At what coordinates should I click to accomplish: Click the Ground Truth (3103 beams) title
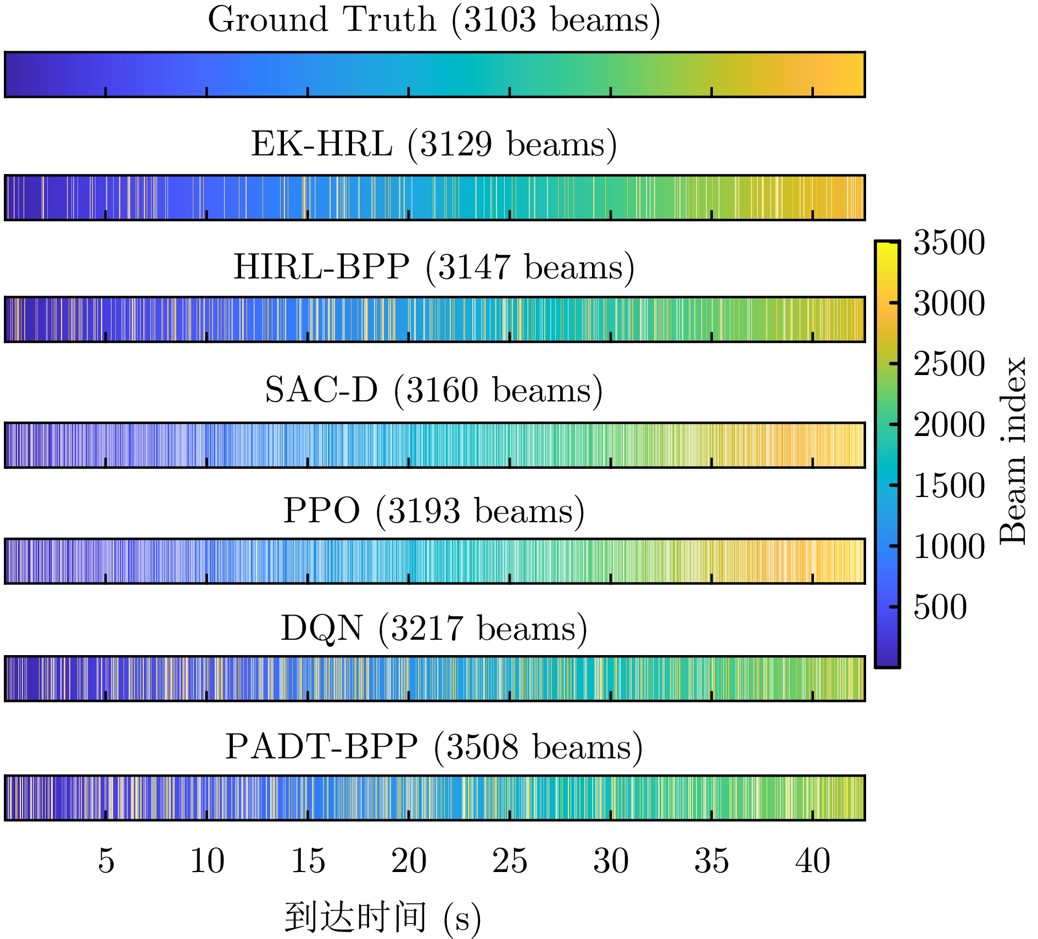coord(434,20)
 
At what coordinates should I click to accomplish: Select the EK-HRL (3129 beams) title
coord(434,144)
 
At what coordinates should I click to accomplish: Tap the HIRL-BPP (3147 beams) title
coord(434,267)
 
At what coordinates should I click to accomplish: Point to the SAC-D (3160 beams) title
coord(434,390)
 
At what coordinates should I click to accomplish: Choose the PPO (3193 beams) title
coord(434,511)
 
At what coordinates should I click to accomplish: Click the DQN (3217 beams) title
coord(434,628)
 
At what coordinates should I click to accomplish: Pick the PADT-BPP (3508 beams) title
coord(434,747)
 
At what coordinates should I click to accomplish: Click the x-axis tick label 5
coord(106,860)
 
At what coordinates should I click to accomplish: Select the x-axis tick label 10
coord(207,860)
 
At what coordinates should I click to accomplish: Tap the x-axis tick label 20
coord(409,860)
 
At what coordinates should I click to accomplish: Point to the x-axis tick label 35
coord(712,860)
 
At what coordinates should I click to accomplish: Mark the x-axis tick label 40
coord(813,860)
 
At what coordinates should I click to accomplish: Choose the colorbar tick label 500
coord(940,607)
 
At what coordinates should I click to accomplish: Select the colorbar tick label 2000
coord(949,424)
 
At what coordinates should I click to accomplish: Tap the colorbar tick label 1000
coord(949,546)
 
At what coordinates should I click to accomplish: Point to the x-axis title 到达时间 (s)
coord(383,918)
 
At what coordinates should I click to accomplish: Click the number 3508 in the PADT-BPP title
coord(482,747)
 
